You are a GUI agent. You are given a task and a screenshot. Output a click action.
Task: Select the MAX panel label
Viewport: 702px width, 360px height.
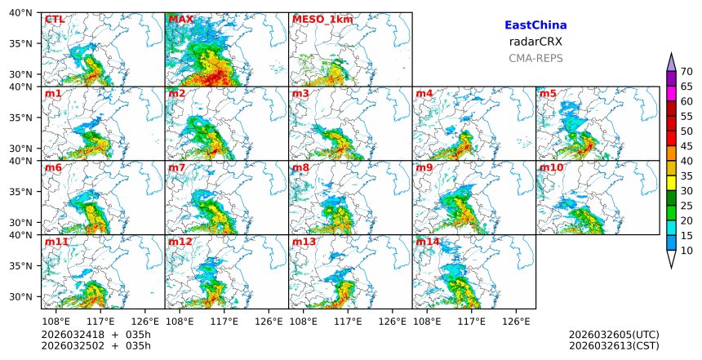(180, 20)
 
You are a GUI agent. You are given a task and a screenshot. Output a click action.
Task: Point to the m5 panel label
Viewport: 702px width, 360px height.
(548, 94)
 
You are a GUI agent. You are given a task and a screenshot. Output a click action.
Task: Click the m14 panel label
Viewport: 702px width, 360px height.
(428, 242)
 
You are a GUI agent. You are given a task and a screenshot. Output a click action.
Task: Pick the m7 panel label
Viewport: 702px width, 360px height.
(177, 168)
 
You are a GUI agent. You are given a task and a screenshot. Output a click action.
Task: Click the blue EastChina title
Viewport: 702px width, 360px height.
(535, 25)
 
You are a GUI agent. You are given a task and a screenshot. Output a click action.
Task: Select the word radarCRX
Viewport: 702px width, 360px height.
(535, 42)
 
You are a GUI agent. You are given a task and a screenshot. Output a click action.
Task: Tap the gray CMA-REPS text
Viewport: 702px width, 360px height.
(535, 58)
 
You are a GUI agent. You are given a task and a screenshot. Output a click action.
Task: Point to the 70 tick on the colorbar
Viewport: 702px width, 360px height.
(686, 72)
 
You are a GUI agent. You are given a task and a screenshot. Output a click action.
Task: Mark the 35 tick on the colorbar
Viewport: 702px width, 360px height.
(686, 176)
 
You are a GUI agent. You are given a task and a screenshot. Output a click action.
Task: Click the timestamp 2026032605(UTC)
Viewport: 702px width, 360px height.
(614, 335)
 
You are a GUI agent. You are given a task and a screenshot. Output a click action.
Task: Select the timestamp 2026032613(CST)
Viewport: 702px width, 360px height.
(614, 346)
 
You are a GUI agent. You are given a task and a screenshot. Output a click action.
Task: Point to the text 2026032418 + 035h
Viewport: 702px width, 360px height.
(90, 335)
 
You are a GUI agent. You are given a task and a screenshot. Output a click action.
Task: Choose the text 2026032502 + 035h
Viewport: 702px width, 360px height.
(90, 346)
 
